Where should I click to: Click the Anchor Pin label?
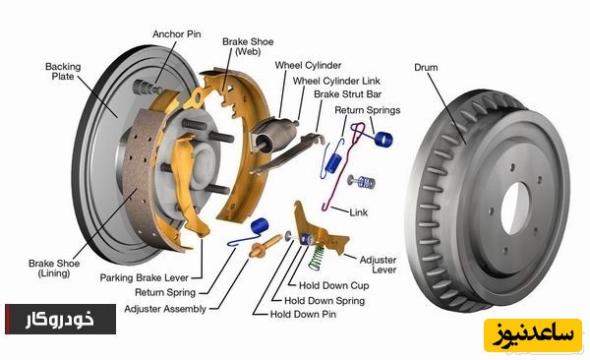pos(176,34)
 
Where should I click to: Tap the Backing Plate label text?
pos(63,71)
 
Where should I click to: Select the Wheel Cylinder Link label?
pos(336,81)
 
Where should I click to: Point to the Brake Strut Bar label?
pos(348,94)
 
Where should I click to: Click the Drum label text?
pos(426,68)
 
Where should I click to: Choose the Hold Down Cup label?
pos(333,286)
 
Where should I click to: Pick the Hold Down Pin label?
pos(303,314)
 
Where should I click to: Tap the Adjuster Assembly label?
pos(165,309)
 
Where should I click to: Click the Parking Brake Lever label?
pos(145,278)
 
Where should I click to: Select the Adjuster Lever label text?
pos(378,265)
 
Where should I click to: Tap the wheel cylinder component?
pos(273,135)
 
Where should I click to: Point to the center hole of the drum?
pos(515,208)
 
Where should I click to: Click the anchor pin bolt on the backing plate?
pos(147,89)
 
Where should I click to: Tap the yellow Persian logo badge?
pos(533,335)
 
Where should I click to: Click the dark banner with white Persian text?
pos(61,320)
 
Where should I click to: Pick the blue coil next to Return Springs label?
pos(383,140)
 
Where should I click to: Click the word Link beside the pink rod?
pos(359,212)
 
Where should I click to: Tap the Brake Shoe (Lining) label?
pos(54,269)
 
